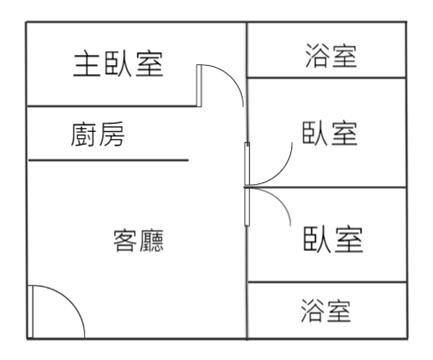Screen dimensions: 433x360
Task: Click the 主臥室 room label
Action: (118, 64)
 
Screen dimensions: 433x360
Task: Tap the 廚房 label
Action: (98, 134)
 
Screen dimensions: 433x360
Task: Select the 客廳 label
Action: (139, 240)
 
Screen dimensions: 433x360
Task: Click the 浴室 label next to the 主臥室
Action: (331, 56)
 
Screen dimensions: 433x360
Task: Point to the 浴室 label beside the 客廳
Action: (326, 310)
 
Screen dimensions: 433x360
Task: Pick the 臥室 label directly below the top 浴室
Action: (330, 133)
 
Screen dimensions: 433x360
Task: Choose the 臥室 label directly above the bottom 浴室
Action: (333, 239)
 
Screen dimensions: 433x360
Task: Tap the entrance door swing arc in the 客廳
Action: (69, 299)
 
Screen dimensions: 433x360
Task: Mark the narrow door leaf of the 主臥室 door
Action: (199, 86)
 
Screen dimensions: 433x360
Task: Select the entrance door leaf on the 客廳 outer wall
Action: (30, 312)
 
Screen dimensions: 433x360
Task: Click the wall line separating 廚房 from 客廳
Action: (108, 160)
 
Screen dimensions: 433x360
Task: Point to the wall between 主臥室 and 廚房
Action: (112, 107)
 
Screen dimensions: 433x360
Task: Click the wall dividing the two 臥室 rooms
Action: (327, 187)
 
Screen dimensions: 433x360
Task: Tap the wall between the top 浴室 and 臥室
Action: (327, 78)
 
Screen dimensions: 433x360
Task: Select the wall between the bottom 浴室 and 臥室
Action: (327, 282)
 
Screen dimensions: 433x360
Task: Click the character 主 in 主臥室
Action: (87, 64)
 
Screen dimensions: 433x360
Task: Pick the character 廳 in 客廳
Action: (152, 240)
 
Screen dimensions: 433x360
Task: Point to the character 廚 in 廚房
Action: (83, 134)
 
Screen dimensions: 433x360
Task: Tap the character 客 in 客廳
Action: (125, 240)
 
